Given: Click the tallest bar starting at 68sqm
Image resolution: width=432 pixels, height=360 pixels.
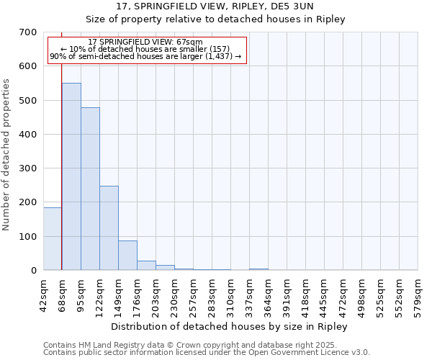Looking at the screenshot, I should [71, 176].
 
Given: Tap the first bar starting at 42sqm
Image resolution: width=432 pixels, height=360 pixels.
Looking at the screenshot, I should [53, 238].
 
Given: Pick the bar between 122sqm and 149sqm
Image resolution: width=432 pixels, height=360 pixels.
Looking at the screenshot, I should [109, 228].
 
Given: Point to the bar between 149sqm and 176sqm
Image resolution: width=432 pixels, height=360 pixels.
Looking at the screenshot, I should [127, 255].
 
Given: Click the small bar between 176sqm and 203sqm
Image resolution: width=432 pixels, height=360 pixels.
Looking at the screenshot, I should [146, 265].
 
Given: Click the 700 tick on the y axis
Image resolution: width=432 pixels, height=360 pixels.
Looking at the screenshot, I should [28, 32].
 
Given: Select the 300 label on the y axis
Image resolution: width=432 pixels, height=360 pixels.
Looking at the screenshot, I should [28, 168].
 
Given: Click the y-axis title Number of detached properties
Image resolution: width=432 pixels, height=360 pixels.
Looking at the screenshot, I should [7, 155].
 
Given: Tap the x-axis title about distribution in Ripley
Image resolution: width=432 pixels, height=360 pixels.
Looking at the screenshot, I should [230, 326].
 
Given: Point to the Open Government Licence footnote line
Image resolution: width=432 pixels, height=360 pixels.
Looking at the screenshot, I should [207, 353].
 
